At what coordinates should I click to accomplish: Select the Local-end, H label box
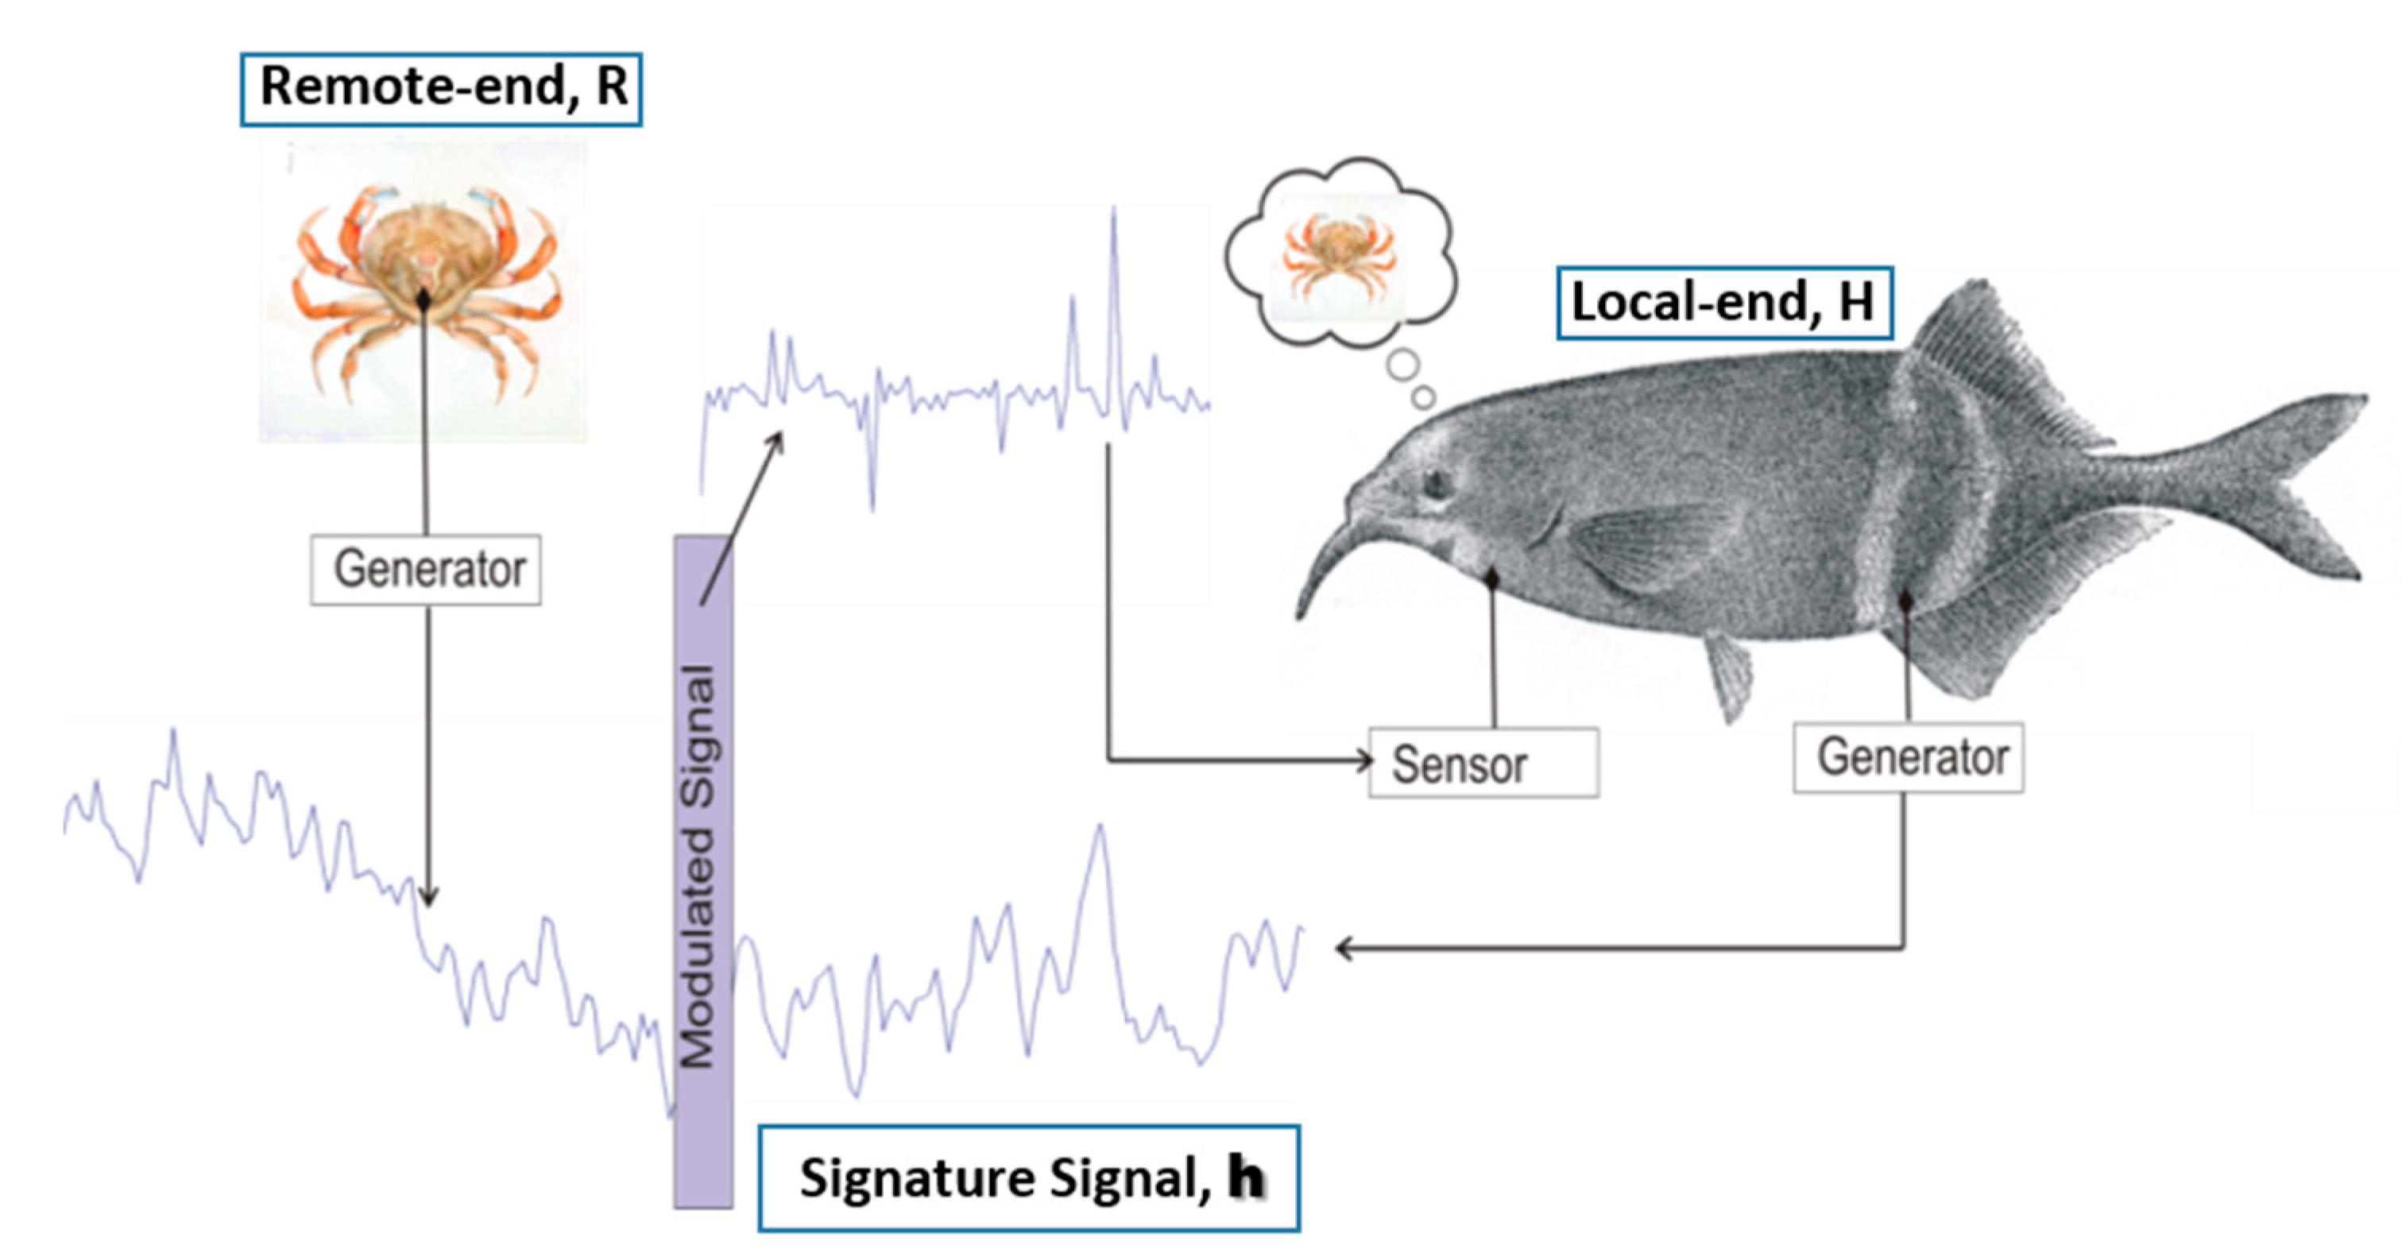click(1723, 303)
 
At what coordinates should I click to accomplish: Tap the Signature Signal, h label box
click(1028, 1178)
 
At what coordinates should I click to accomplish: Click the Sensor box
click(1483, 764)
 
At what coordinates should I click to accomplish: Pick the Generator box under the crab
click(426, 569)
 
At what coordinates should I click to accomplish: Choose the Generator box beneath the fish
click(1908, 757)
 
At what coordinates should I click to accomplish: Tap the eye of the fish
click(1437, 483)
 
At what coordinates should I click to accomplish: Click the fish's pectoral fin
click(1650, 550)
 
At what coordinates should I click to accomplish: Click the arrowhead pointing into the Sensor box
click(1363, 761)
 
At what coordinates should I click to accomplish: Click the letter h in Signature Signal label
click(1247, 1178)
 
